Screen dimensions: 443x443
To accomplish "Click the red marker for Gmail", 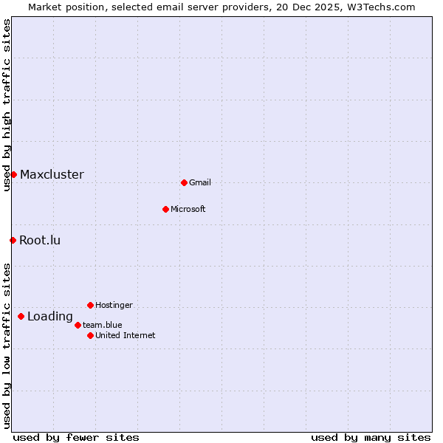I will (184, 182).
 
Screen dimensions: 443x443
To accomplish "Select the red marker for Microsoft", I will (165, 209).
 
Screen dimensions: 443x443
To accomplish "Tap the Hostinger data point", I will (90, 305).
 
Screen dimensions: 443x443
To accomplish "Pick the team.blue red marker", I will (78, 325).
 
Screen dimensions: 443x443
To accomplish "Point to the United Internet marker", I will (90, 335).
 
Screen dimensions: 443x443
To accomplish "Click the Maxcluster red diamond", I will (13, 174).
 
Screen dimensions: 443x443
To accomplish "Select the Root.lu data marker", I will (13, 240).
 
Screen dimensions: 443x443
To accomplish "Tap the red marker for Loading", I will (21, 317).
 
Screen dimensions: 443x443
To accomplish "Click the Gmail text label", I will (200, 183).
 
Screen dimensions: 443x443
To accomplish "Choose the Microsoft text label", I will (188, 210).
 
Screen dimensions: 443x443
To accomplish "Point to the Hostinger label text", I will (114, 306).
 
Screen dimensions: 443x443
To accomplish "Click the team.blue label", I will (102, 325).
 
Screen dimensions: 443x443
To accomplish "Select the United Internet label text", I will (126, 336).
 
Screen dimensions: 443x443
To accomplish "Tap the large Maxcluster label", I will (52, 175).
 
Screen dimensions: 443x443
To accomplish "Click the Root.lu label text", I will (40, 241).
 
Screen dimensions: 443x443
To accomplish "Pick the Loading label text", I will (50, 317).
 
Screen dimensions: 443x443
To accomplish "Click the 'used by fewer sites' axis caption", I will (76, 437).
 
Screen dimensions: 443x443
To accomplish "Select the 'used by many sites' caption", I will (371, 437).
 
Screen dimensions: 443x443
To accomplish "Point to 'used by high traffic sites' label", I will (7, 106).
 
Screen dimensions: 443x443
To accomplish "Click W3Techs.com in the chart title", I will (380, 7).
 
